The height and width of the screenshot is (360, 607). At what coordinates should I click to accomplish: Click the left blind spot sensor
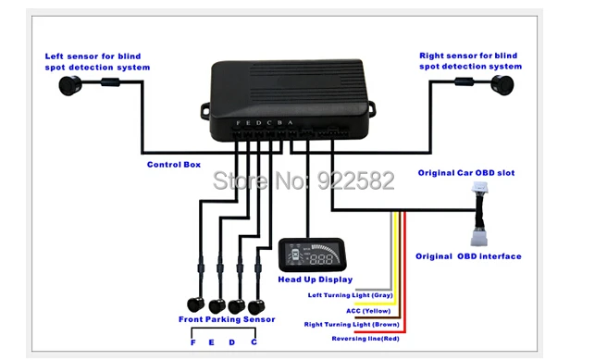point(70,85)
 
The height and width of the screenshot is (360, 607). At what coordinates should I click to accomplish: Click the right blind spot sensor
point(502,85)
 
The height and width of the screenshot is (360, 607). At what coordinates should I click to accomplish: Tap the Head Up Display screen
point(312,255)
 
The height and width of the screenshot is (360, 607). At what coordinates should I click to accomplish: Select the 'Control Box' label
point(174,165)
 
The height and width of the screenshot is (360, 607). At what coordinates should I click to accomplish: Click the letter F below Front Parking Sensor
point(193,342)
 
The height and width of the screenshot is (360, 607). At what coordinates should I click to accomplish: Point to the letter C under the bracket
point(254,342)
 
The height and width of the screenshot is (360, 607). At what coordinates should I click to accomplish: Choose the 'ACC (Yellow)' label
point(368,311)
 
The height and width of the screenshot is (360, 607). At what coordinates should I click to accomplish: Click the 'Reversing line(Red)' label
point(365,339)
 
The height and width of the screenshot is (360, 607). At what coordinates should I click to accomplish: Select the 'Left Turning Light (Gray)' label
point(351,295)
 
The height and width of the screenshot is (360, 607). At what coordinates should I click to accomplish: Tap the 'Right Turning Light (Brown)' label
point(352,325)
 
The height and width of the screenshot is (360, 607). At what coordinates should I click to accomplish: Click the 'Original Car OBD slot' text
point(466,173)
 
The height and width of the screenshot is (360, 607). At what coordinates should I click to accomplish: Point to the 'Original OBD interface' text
point(468,256)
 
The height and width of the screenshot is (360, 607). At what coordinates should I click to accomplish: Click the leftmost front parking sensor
point(196,304)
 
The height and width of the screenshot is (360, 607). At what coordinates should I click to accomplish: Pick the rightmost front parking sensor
point(256,306)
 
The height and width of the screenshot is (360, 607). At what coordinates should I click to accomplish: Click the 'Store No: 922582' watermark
point(303,180)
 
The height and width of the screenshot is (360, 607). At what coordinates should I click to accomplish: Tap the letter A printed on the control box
point(291,123)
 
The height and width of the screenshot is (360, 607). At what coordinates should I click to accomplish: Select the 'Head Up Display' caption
point(316,279)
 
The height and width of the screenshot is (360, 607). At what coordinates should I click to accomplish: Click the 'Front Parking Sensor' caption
point(227,319)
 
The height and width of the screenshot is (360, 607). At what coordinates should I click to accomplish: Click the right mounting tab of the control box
point(372,108)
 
